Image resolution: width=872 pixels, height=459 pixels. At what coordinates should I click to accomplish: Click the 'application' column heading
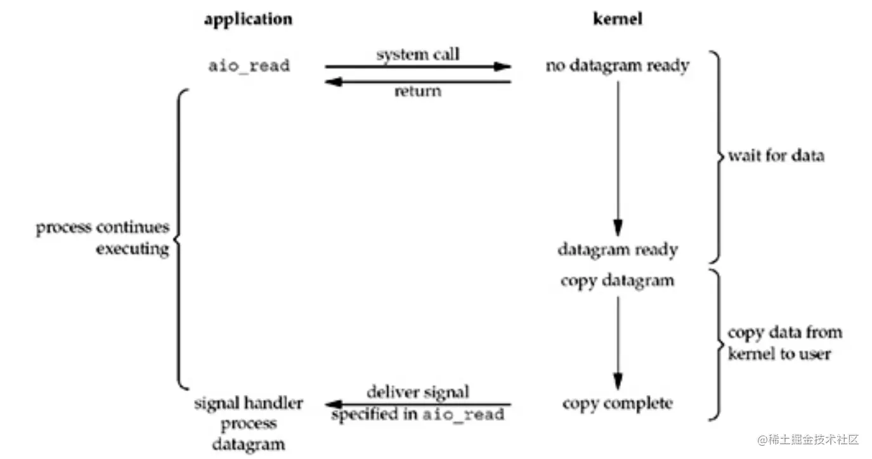(248, 19)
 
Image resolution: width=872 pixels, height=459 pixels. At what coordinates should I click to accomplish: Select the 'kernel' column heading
(617, 19)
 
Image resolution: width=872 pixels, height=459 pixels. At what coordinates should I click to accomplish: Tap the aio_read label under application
(249, 65)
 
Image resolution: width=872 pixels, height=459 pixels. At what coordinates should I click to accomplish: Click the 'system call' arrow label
(418, 55)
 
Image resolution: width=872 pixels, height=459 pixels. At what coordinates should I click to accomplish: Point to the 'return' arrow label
(418, 91)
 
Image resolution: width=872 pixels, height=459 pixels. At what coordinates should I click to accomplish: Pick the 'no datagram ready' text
(617, 65)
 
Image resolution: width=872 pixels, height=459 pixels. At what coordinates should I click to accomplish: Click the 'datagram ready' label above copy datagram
(617, 249)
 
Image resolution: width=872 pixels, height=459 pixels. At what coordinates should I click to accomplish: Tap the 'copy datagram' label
(617, 280)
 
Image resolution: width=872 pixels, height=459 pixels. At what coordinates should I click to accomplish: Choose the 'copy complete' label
(617, 403)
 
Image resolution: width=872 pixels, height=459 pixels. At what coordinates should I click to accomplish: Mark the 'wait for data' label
(776, 156)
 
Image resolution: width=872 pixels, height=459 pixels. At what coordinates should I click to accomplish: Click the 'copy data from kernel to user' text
(784, 343)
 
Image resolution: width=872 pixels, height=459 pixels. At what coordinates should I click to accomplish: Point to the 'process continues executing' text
(103, 238)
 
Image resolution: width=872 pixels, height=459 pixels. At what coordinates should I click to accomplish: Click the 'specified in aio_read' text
(417, 415)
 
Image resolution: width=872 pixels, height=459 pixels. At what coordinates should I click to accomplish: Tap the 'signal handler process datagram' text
(249, 423)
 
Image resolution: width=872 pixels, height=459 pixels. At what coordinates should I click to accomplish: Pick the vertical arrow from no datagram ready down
(618, 158)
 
